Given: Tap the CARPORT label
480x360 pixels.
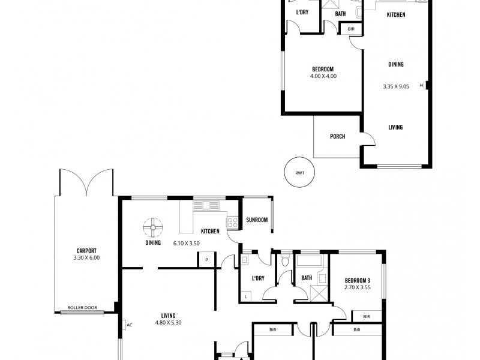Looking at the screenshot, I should coord(86,251).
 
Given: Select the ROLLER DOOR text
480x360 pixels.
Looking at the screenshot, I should coord(82,307).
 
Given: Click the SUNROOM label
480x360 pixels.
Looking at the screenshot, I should coord(257,220).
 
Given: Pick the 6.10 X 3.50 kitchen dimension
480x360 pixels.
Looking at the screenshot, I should coord(186,243).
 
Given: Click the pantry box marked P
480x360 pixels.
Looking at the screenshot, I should coord(206,260).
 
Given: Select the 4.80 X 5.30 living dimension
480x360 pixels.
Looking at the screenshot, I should coord(168,322).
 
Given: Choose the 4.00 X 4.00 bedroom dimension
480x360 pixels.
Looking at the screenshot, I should coord(323,76).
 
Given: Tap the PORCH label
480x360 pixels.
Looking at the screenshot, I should coord(337,137).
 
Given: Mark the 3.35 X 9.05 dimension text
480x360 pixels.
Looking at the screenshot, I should coord(395,86).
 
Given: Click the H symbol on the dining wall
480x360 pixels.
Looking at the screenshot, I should coord(422,86).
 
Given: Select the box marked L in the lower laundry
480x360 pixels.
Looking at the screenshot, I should coord(245,296).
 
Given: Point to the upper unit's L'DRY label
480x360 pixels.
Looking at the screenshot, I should coord(302,12).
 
